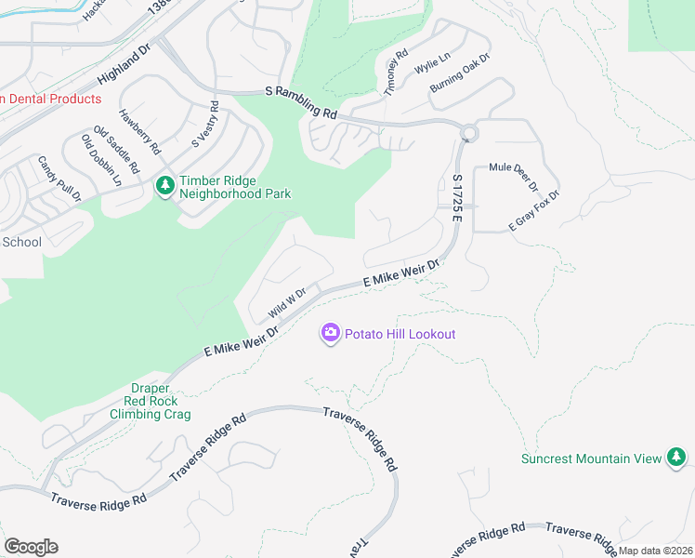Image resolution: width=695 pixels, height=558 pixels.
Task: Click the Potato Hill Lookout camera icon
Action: click(330, 333)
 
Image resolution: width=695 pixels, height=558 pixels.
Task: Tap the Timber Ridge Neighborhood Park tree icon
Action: click(165, 187)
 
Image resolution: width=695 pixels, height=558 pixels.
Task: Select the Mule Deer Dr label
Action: click(514, 173)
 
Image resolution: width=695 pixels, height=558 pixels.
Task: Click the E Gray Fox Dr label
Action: click(533, 211)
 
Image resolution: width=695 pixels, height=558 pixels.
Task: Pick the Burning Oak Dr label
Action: click(459, 73)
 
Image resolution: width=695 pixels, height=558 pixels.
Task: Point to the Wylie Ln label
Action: click(432, 63)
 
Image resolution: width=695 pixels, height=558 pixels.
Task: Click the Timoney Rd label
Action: click(396, 71)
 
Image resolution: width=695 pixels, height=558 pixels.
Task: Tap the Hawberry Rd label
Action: click(139, 132)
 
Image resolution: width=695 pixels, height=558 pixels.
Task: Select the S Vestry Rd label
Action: click(203, 125)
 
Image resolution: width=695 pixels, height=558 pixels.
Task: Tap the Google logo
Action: click(31, 547)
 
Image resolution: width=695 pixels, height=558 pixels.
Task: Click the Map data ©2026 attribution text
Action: click(656, 551)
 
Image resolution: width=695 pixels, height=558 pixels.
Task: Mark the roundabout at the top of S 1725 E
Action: click(468, 133)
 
